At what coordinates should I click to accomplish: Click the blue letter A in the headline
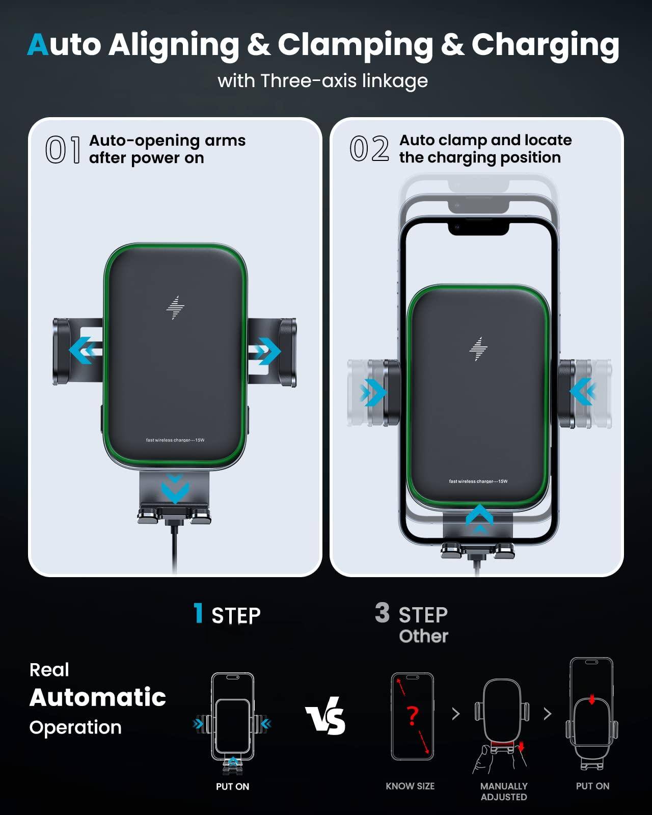38,45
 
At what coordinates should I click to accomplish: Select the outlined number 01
63,150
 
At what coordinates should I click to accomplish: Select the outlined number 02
369,149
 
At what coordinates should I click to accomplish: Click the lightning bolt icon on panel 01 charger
175,308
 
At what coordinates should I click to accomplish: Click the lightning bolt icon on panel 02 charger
478,349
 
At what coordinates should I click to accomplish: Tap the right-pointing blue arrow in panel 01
266,351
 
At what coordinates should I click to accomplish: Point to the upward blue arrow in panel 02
479,519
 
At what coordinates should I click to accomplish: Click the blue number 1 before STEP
199,613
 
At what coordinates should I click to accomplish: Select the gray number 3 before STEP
382,613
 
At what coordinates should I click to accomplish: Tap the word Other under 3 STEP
423,636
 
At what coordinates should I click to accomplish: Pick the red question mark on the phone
413,716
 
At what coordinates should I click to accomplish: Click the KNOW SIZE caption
410,786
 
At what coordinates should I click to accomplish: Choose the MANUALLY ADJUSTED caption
504,792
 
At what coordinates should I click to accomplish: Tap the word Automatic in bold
98,697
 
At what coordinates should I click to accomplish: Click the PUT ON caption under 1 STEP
232,786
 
